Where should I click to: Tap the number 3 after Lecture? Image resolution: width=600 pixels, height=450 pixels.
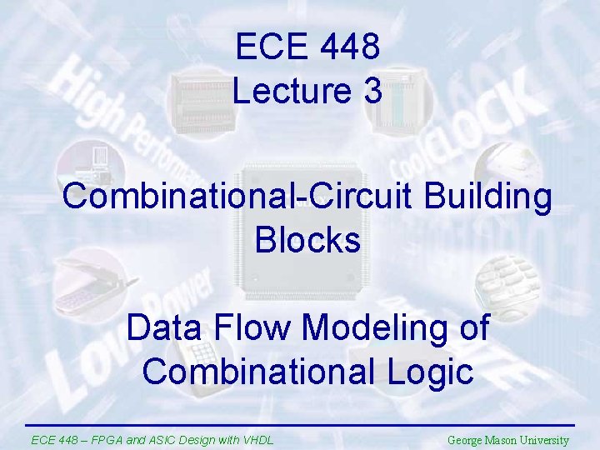click(372, 90)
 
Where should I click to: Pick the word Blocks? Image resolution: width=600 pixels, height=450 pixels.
click(307, 240)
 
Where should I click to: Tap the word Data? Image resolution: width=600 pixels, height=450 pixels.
click(162, 327)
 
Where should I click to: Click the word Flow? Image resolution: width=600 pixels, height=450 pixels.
click(252, 327)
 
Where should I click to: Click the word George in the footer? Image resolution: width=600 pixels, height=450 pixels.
click(466, 440)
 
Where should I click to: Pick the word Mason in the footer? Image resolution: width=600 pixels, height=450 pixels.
click(505, 440)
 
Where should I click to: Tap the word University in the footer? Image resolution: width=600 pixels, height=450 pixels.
click(547, 440)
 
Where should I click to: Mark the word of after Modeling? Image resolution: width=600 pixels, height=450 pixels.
click(472, 327)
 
